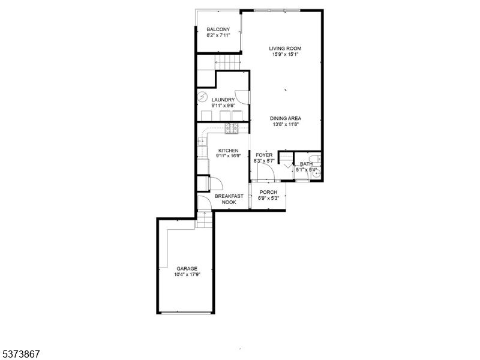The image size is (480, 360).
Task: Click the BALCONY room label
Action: point(218,29)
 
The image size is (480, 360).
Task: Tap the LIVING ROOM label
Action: point(285,48)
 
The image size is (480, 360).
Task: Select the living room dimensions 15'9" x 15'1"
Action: point(285,55)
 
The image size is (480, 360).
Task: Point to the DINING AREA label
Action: point(285,118)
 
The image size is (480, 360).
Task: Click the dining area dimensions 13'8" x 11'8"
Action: point(285,125)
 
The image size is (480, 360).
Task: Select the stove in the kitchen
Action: point(232,128)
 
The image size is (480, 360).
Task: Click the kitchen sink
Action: point(201,142)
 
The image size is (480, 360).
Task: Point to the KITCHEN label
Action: point(228,151)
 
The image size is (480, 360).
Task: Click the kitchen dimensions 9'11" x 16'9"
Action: point(228,156)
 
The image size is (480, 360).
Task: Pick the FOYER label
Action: point(264,155)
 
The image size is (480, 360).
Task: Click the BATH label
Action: point(306,164)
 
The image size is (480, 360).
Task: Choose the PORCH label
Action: point(268,192)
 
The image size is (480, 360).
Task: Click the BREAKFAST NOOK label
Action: point(229,199)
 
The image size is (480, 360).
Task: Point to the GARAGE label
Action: point(187,268)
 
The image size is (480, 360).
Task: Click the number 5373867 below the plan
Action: point(20,355)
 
